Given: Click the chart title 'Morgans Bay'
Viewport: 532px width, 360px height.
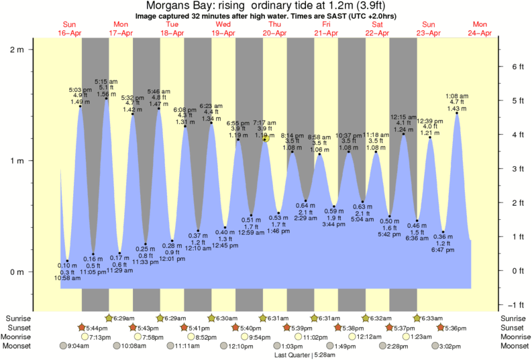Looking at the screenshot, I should click(x=176, y=5).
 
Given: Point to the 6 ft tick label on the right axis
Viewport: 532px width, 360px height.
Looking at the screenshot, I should click(x=517, y=66).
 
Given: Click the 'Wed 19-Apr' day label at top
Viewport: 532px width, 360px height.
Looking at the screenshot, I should click(x=223, y=28).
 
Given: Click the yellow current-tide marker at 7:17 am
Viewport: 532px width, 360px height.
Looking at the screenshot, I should click(x=266, y=138).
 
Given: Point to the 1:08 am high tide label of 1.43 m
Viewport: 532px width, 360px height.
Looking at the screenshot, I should click(x=457, y=102).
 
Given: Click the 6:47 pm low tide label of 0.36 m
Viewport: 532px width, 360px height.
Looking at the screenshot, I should click(x=443, y=244).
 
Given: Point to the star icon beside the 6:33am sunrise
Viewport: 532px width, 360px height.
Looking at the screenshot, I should click(x=417, y=318).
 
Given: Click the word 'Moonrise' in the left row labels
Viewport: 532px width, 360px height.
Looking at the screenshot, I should click(x=19, y=337).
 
